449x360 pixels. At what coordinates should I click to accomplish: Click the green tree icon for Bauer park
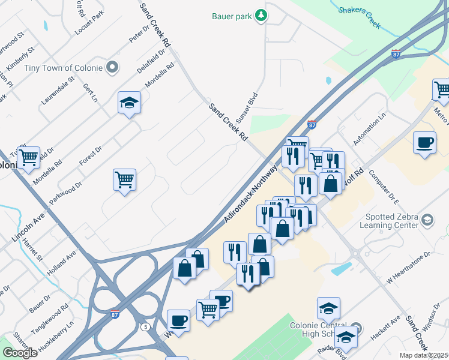pyautogui.click(x=261, y=16)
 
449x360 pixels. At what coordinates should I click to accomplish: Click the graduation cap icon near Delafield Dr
pyautogui.click(x=129, y=103)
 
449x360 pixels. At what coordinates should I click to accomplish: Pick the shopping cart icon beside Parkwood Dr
pyautogui.click(x=124, y=179)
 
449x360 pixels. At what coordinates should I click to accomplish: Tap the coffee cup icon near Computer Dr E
pyautogui.click(x=424, y=143)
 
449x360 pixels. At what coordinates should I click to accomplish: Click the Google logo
pyautogui.click(x=20, y=353)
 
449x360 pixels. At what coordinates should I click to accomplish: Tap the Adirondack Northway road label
pyautogui.click(x=251, y=196)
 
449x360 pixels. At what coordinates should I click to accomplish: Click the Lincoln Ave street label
pyautogui.click(x=28, y=227)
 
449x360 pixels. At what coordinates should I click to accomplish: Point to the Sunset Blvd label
pyautogui.click(x=246, y=107)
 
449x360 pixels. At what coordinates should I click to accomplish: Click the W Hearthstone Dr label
pyautogui.click(x=409, y=268)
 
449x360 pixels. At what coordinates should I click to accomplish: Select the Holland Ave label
pyautogui.click(x=63, y=262)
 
